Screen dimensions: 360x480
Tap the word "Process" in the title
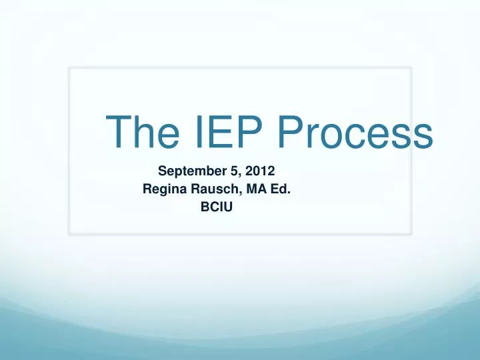point(353,133)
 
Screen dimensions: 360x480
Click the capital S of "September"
point(162,170)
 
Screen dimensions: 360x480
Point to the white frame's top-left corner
point(70,68)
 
